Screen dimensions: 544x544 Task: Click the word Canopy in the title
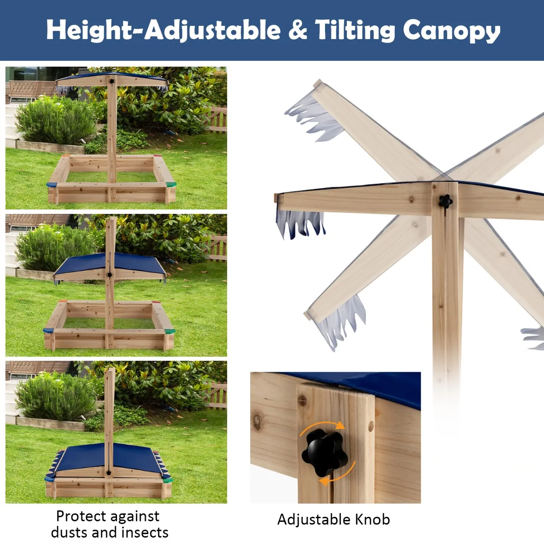[452, 31]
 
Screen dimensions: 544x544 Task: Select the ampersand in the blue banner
[297, 29]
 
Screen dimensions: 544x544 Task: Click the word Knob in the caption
[372, 519]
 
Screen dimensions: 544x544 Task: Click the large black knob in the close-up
[325, 452]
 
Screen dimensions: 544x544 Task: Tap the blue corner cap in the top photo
[52, 185]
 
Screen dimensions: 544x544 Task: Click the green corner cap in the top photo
[171, 185]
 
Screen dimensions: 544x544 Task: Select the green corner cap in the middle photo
[170, 331]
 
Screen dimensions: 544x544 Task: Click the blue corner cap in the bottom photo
[50, 479]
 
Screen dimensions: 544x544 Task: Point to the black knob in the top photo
[112, 82]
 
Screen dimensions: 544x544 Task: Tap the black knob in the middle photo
[110, 275]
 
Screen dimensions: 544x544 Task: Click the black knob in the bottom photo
[108, 473]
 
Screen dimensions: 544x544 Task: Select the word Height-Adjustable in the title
[164, 31]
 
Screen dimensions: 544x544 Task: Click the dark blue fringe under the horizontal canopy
[301, 223]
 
